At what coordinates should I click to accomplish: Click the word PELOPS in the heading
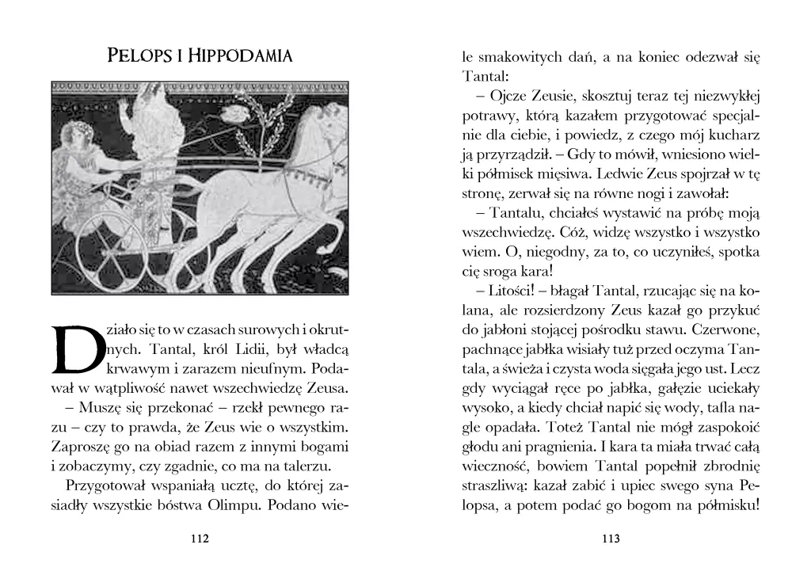[136, 56]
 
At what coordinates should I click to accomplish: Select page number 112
[200, 539]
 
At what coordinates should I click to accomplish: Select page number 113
[610, 539]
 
